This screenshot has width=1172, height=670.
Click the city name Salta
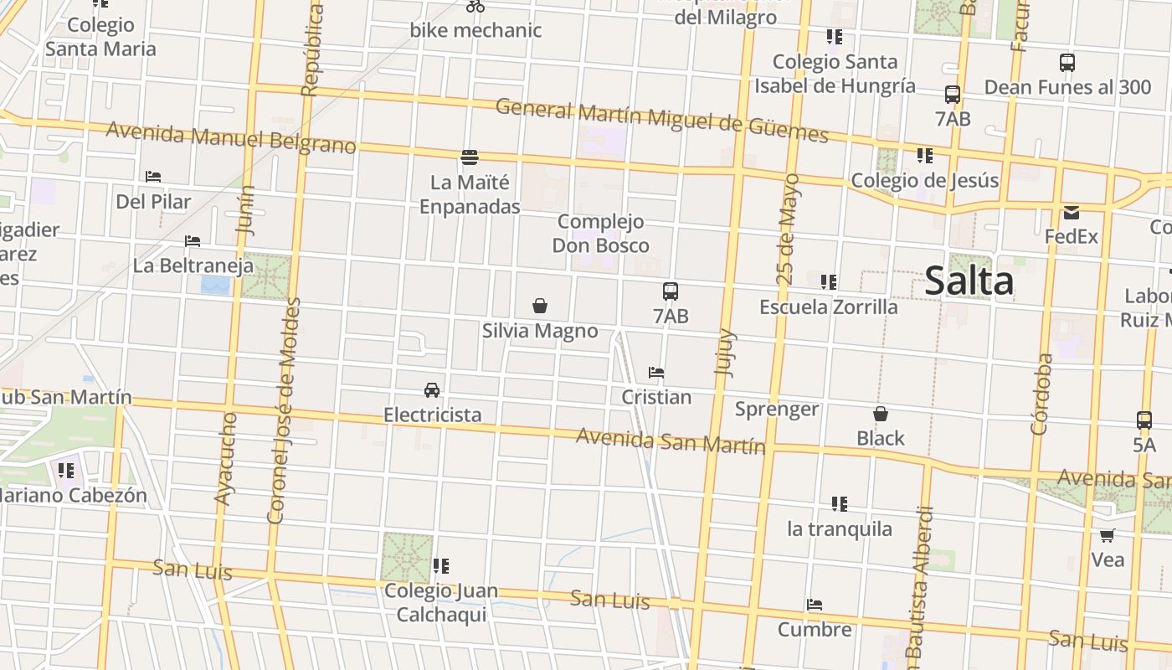969,281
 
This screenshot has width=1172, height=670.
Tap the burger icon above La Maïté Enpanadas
470,157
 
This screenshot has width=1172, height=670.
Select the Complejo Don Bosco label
601,234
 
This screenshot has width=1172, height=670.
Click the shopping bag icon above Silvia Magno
540,306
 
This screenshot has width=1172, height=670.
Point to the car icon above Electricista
432,389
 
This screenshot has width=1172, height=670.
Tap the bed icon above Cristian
656,372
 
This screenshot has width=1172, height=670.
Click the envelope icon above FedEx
1072,212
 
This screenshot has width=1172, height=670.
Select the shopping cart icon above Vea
1108,534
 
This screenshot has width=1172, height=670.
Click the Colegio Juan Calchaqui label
440,602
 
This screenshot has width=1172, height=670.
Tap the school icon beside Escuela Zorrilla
829,281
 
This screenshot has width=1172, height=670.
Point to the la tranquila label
840,529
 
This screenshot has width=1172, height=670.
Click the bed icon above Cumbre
815,604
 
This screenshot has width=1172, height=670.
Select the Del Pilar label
153,202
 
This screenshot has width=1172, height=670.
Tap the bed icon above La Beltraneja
193,241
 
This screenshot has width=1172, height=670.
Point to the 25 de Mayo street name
787,228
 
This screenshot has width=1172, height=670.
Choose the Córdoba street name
1041,394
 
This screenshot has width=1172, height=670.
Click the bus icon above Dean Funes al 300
1067,62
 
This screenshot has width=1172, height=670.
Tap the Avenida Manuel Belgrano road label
231,138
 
